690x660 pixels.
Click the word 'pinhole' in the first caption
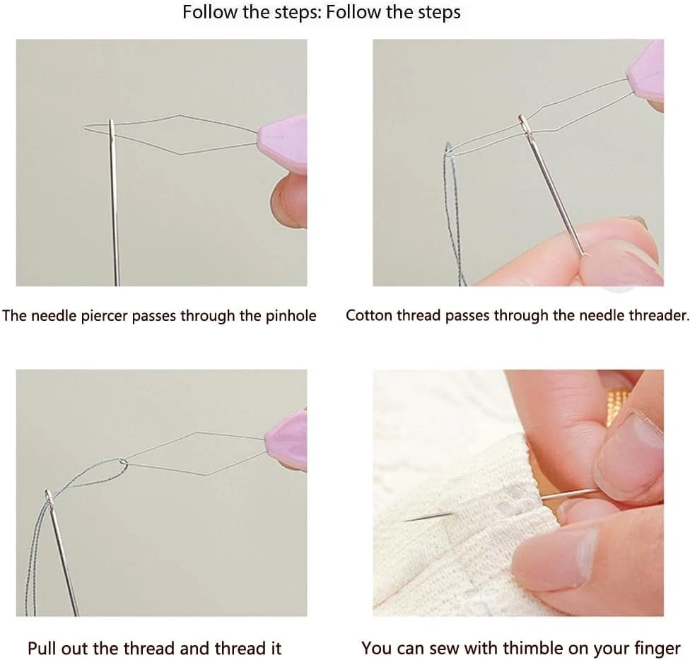(x=291, y=316)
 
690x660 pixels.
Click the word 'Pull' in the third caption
(x=42, y=648)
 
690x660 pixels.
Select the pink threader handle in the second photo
(x=645, y=76)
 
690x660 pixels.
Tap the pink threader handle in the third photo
(x=287, y=440)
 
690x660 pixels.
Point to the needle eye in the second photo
(x=524, y=124)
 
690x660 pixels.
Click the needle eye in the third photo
(x=49, y=497)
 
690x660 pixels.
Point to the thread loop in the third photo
(x=94, y=473)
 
